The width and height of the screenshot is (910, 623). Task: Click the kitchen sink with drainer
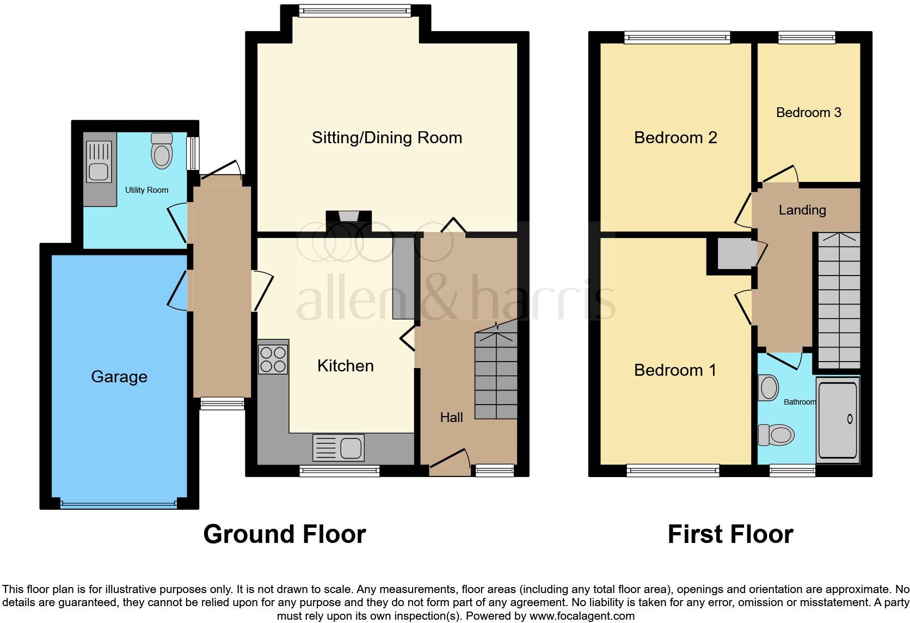point(339,448)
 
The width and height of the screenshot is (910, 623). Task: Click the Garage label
point(119,377)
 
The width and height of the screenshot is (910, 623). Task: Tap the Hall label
point(451,418)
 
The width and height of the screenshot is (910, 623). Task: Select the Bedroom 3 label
point(808,113)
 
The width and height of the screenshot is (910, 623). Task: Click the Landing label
point(802,210)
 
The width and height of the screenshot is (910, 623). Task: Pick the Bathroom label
point(800,402)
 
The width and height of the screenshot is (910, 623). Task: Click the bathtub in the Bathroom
point(838,419)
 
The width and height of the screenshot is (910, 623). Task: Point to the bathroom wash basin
point(768,388)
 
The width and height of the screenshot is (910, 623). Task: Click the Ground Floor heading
point(284,534)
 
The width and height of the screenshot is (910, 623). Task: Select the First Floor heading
point(730,534)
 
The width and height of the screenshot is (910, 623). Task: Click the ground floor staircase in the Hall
point(496,376)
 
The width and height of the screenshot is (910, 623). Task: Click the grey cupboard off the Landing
point(735,255)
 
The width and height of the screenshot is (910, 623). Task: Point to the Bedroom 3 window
point(806,38)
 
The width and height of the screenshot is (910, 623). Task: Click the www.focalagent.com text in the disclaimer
point(581,616)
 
